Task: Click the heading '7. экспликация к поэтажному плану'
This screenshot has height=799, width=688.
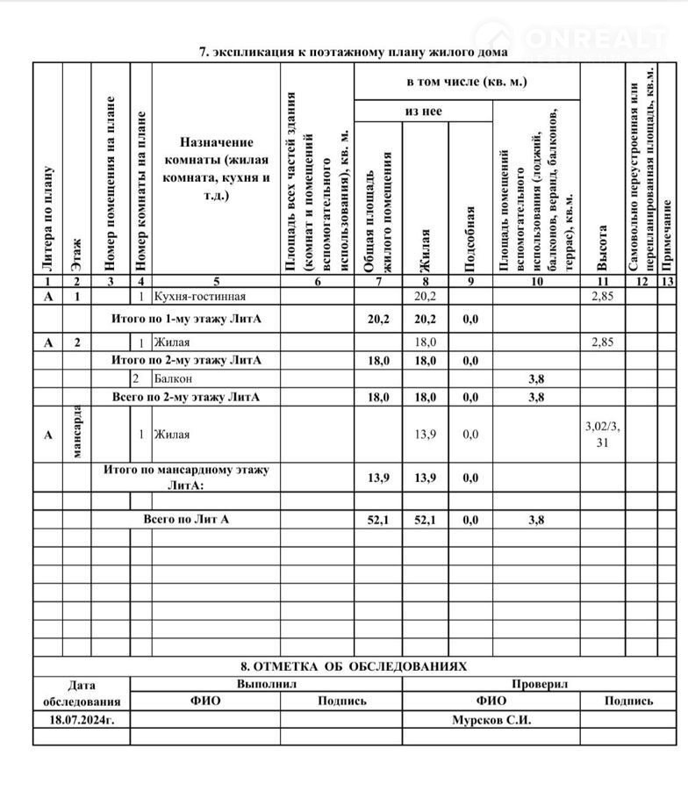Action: point(353,52)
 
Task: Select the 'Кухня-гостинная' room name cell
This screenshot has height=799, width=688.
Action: point(199,297)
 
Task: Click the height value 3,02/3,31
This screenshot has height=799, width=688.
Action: point(602,434)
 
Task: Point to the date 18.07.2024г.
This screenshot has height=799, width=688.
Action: point(82,719)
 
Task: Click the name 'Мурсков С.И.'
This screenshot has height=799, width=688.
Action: point(491,719)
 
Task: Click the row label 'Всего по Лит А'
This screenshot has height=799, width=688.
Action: point(186,520)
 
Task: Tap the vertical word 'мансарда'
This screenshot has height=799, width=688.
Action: point(76,432)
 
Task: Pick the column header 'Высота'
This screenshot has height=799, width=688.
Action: point(602,247)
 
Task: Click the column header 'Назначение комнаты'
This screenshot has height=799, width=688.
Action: point(216,168)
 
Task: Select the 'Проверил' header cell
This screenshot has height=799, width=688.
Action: point(540,683)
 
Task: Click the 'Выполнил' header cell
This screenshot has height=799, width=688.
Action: point(266,683)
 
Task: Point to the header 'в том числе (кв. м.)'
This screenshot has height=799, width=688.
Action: point(466,82)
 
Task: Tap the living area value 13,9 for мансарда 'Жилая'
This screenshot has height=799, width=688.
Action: point(425,434)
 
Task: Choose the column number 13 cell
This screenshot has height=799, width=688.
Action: point(668,282)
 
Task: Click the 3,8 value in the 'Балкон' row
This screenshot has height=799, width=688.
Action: point(536,378)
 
